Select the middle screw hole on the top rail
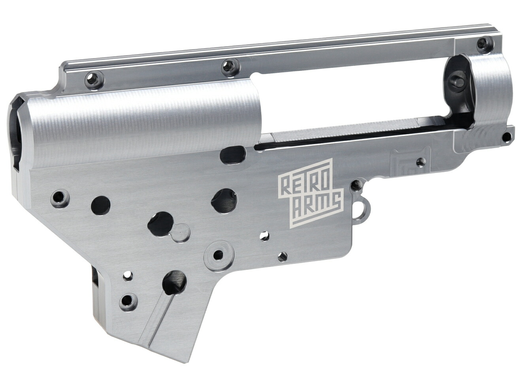coord(229,67)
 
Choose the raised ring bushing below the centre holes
coord(218,256)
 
